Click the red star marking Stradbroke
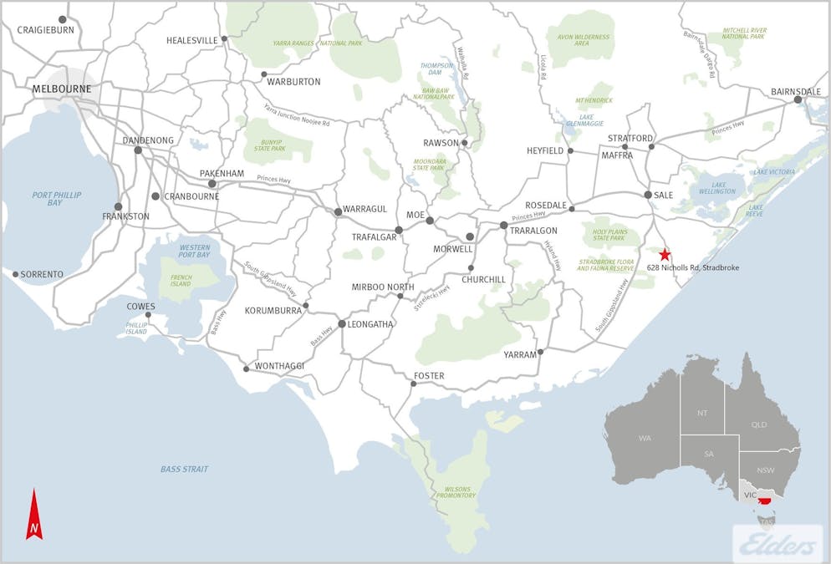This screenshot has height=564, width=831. point(665,254)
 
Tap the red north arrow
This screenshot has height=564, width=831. point(34,515)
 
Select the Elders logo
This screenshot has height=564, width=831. point(777,544)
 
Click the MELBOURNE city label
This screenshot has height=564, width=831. point(61,89)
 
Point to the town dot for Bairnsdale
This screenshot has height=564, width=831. point(798,99)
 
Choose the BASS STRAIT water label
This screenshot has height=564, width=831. point(184,469)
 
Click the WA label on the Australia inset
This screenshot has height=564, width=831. point(645,438)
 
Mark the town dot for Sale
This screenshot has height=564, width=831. point(648,195)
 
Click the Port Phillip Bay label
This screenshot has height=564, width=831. point(48,199)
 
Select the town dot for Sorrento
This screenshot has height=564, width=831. point(15,273)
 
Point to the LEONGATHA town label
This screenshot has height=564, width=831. point(372,324)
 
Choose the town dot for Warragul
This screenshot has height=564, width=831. point(338,211)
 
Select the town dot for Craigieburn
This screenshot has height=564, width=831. point(63,19)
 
